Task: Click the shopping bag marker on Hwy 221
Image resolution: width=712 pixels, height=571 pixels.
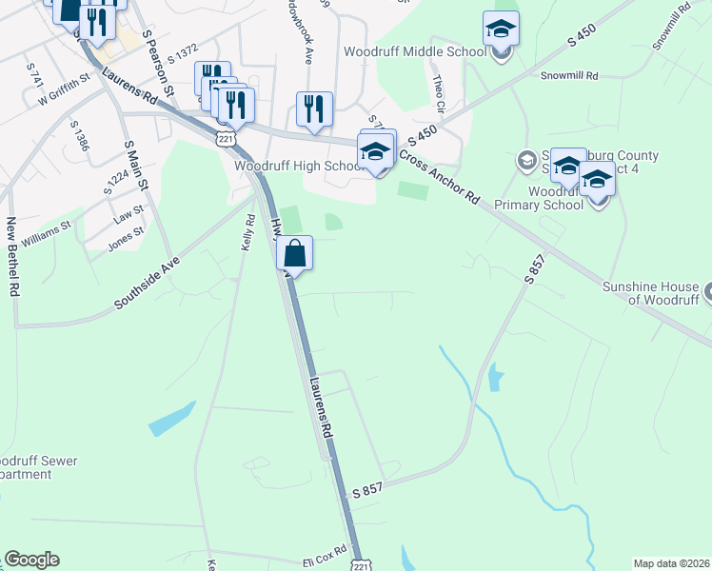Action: pos(295,254)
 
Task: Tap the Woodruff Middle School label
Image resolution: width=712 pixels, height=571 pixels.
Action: pos(409,50)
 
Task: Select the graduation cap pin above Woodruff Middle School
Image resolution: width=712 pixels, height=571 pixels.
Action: pos(501,30)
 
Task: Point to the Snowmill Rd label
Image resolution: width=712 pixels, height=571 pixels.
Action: pos(568,74)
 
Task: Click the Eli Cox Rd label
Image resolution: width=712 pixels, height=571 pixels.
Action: pos(327,562)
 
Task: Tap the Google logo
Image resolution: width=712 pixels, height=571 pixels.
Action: pos(31,560)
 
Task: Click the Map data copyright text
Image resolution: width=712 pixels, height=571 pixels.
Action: pos(672,563)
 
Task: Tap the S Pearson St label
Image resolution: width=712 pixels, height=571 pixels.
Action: pos(158,62)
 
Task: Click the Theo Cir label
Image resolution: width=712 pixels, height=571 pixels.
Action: pos(438,92)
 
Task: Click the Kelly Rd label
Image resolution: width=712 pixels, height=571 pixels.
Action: pos(249,233)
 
